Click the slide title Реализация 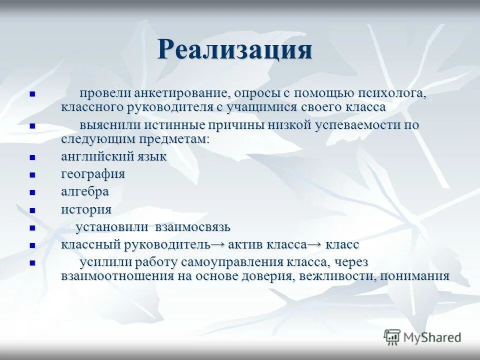point(235,49)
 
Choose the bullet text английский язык point(113,156)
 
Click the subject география point(93,174)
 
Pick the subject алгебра point(85,192)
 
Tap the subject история point(86,209)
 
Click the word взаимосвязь point(192,227)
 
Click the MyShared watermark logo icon point(392,337)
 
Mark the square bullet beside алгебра point(32,192)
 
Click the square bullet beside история point(32,210)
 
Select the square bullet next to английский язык point(32,157)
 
